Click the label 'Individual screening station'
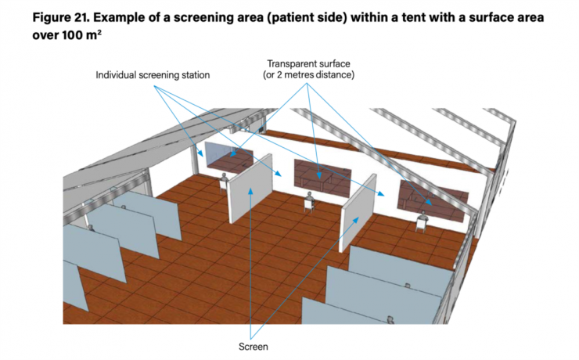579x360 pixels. tap(153, 76)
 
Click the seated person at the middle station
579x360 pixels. tap(311, 202)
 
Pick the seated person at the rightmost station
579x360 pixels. tap(424, 220)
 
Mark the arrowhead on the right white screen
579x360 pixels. tap(358, 217)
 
